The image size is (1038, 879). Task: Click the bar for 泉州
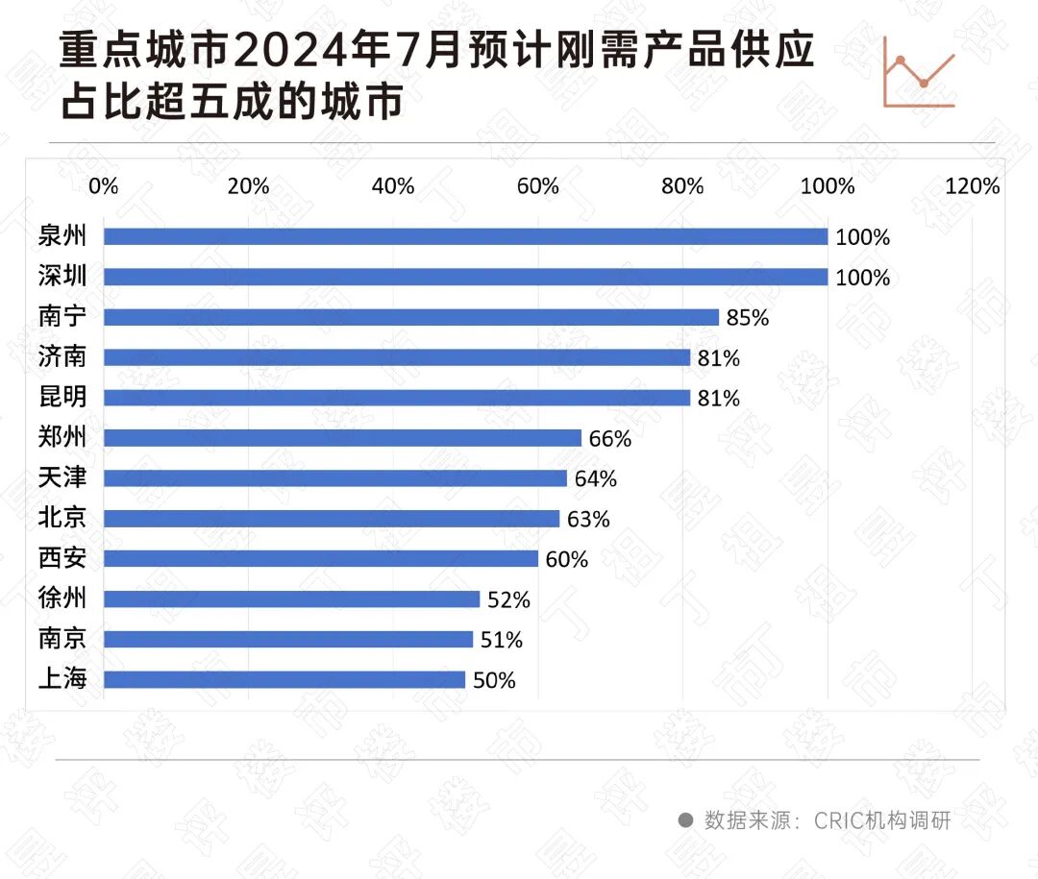pyautogui.click(x=465, y=236)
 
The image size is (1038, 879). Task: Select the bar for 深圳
pyautogui.click(x=465, y=277)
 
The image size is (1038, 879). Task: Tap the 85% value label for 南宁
pyautogui.click(x=747, y=318)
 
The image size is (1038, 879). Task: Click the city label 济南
pyautogui.click(x=62, y=357)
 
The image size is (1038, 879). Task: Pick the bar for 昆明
pyautogui.click(x=397, y=398)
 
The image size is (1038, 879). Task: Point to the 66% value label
pyautogui.click(x=609, y=439)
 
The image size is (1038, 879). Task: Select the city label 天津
pyautogui.click(x=62, y=478)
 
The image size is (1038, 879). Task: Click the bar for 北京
pyautogui.click(x=332, y=519)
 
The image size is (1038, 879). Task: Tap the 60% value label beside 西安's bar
pyautogui.click(x=566, y=559)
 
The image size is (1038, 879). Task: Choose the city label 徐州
pyautogui.click(x=62, y=599)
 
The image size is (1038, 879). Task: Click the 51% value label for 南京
pyautogui.click(x=502, y=640)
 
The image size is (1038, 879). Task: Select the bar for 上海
pyautogui.click(x=284, y=680)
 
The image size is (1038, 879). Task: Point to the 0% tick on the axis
pyautogui.click(x=104, y=186)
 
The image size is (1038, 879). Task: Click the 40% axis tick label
pyautogui.click(x=393, y=186)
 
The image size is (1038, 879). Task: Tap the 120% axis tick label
pyautogui.click(x=973, y=186)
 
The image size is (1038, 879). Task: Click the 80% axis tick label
pyautogui.click(x=682, y=186)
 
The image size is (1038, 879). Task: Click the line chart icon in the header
pyautogui.click(x=919, y=72)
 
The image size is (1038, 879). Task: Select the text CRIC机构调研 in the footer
pyautogui.click(x=882, y=820)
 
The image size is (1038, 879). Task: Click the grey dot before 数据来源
pyautogui.click(x=685, y=820)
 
